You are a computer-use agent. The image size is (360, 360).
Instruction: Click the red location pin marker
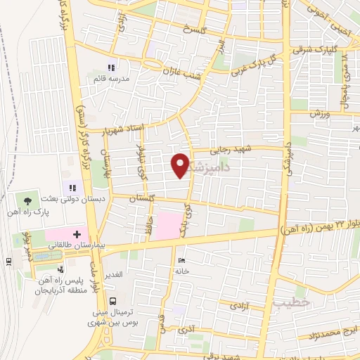(x=181, y=165)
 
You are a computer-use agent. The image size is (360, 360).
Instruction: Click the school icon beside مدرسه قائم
(x=110, y=67)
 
